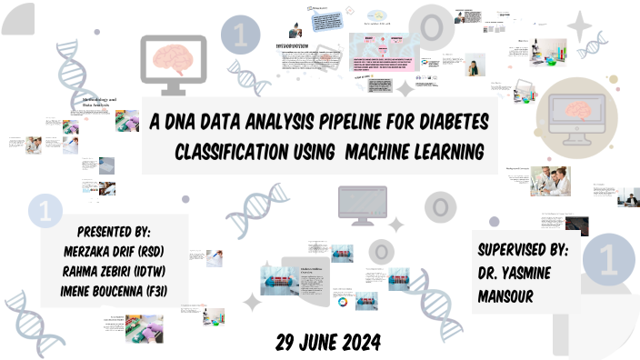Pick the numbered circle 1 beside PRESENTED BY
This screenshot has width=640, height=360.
click(x=44, y=211)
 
